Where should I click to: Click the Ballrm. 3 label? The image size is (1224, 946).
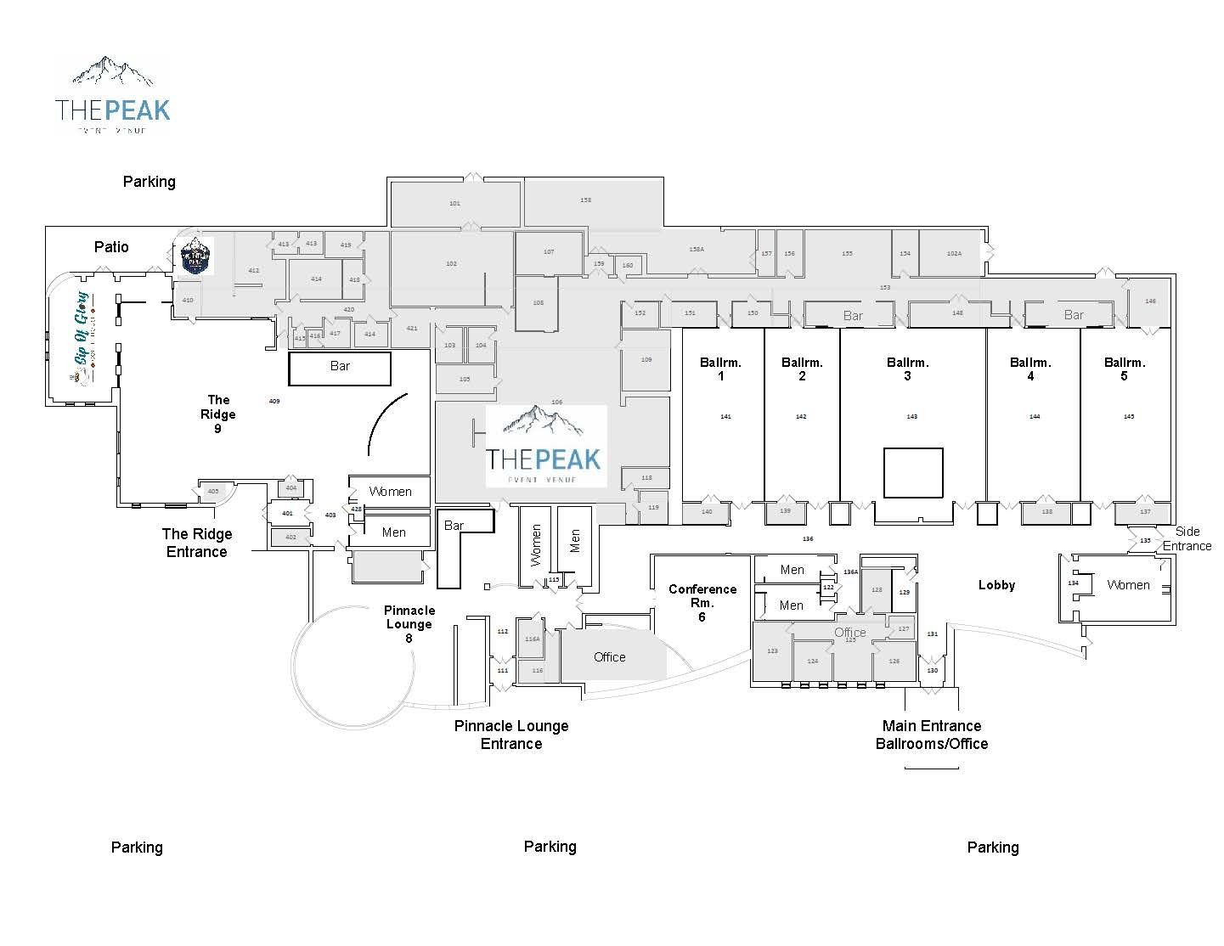pos(907,369)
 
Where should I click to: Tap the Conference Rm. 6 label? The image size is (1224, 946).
pos(702,602)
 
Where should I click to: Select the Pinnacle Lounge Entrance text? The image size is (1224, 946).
pos(511,735)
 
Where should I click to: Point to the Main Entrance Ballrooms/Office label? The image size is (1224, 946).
pos(932,735)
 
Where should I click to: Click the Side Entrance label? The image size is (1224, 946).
pos(1187,538)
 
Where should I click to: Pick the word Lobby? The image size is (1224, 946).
pos(996,585)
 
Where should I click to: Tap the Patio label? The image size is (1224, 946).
pos(111,246)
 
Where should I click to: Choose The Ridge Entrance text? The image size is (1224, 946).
pos(197,543)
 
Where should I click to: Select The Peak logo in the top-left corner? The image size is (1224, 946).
pos(113,95)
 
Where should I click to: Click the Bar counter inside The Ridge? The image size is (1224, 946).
pos(340,367)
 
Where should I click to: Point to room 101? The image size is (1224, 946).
pos(454,204)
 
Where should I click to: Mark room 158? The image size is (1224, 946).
pos(586,200)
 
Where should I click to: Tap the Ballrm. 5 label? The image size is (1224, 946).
pos(1125,369)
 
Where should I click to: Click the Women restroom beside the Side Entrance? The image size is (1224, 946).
pos(1128,585)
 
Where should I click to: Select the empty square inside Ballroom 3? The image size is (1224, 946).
pos(913,473)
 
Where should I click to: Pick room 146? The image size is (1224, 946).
pos(1150,301)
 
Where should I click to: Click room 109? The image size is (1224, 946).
pos(646,360)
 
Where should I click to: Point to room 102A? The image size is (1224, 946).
pos(954,253)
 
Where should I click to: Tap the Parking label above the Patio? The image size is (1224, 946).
pos(149,182)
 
